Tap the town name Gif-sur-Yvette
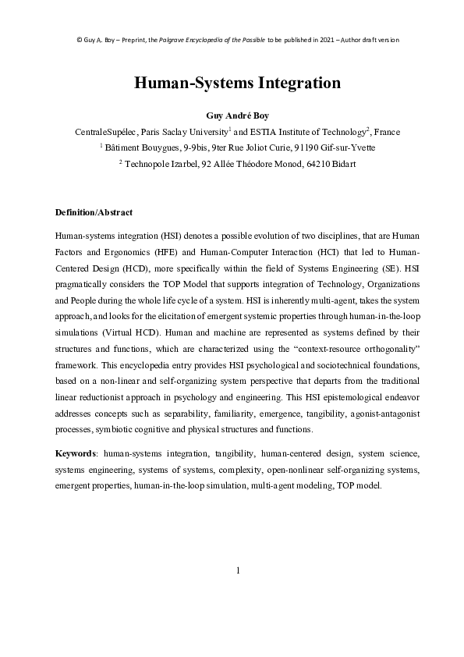point(341,147)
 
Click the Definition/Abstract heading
point(94,212)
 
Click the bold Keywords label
point(76,453)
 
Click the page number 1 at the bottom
point(238,570)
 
